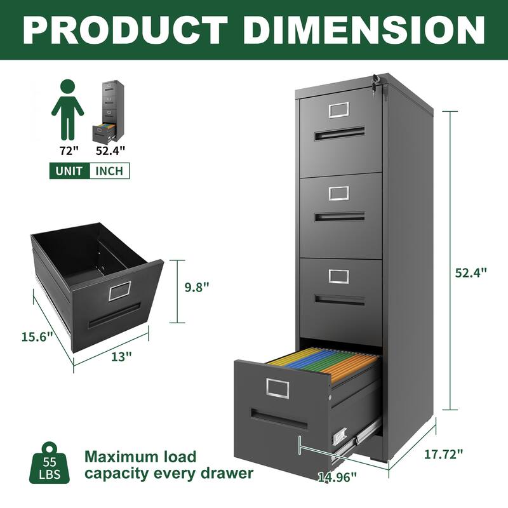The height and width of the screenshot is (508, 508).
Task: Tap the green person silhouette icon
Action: pyautogui.click(x=68, y=109)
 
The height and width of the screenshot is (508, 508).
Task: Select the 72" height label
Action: pyautogui.click(x=68, y=150)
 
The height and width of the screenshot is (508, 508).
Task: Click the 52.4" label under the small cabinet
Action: pyautogui.click(x=110, y=150)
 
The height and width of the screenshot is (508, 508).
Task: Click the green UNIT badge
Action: pyautogui.click(x=69, y=171)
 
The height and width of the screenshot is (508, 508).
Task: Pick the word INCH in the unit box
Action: pyautogui.click(x=109, y=171)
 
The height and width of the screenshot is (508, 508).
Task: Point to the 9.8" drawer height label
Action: pyautogui.click(x=196, y=286)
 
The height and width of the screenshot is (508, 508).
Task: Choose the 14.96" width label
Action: pyautogui.click(x=337, y=476)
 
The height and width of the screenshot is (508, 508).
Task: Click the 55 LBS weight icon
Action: pyautogui.click(x=49, y=462)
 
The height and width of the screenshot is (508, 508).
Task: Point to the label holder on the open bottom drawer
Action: pyautogui.click(x=277, y=387)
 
